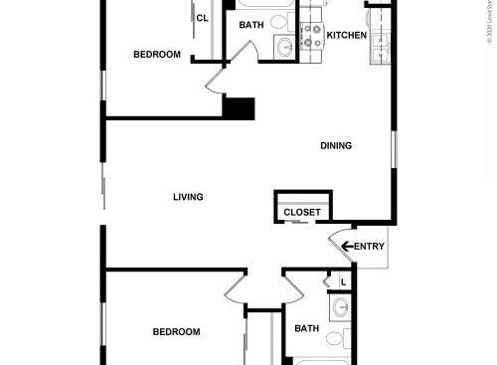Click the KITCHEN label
347,36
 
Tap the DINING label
336,146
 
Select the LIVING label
188,198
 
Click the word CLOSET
302,213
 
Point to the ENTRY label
369,247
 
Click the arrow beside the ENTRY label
347,247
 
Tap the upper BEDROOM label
157,55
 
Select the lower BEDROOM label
176,332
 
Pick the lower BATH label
306,328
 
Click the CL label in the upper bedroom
202,18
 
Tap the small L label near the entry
343,282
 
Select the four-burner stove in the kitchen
314,36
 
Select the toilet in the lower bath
334,339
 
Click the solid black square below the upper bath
239,107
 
